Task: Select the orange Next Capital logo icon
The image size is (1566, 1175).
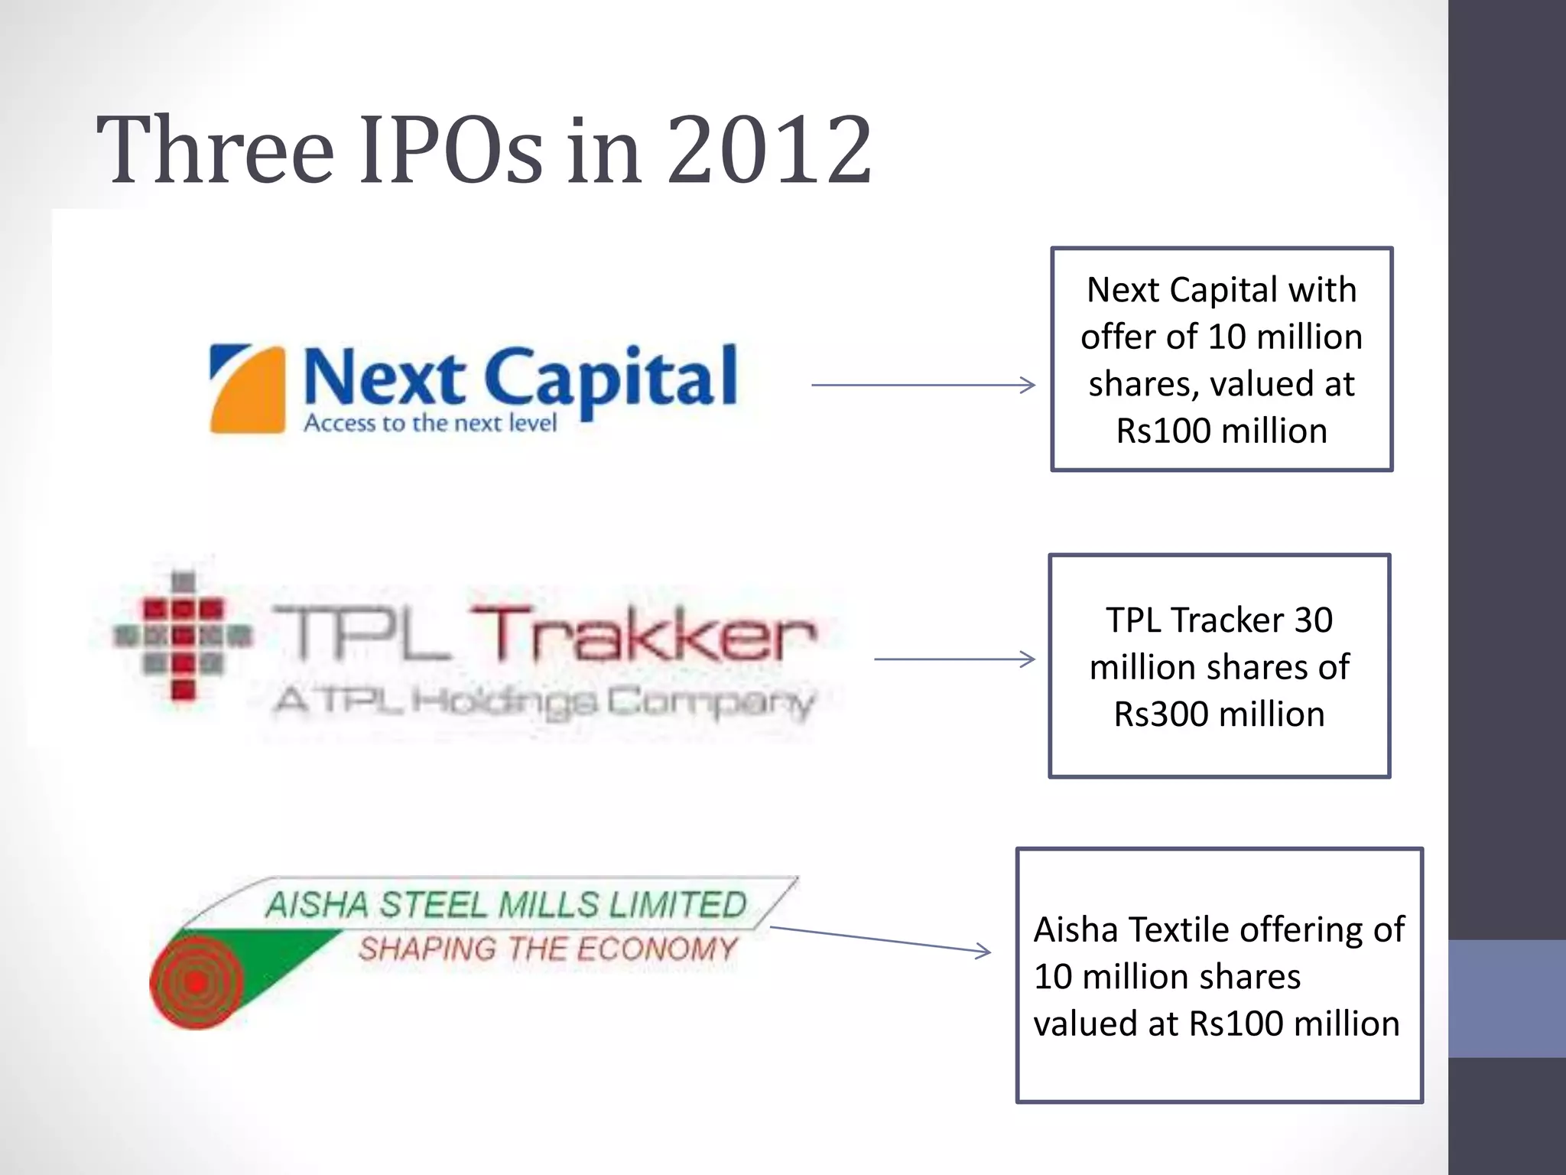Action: click(248, 389)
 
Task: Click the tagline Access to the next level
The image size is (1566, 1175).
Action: click(430, 423)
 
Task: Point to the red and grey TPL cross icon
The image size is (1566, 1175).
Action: click(183, 635)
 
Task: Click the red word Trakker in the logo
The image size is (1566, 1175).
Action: click(643, 634)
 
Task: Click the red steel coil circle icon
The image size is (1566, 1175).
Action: click(197, 981)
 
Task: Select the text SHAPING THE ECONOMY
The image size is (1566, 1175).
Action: click(547, 949)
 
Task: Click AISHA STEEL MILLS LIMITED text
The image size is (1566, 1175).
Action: click(505, 905)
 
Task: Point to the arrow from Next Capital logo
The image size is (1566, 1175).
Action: click(923, 385)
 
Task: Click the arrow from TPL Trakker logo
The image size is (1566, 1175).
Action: click(954, 659)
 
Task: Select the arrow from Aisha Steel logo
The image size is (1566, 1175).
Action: click(880, 939)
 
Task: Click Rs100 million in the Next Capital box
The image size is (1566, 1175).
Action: click(1221, 431)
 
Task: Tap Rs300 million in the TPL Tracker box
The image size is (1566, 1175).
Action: click(1219, 714)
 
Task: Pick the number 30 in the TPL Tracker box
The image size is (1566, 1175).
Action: click(1313, 620)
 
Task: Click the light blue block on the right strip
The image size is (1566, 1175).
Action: click(1506, 998)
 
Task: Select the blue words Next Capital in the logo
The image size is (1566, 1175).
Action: click(520, 376)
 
